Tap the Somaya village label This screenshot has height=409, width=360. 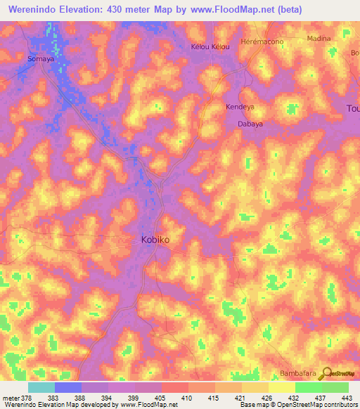[40, 60]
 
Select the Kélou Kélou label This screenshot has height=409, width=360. [210, 47]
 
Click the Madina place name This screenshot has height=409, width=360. [319, 39]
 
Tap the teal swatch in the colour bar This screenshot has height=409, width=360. [41, 387]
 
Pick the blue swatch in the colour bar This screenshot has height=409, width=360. [68, 387]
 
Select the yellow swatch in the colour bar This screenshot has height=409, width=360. [282, 387]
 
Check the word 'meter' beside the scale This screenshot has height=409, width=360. [10, 398]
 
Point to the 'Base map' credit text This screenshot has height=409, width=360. [255, 405]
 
